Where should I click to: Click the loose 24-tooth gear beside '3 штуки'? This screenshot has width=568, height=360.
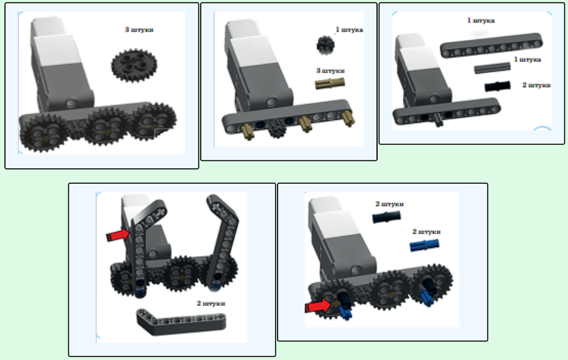(134, 66)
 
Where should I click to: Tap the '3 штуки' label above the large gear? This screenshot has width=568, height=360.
(139, 29)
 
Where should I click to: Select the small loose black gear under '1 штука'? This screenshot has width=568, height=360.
(325, 45)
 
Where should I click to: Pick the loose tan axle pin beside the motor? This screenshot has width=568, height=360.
(330, 84)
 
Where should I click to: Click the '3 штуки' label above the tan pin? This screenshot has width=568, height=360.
(330, 71)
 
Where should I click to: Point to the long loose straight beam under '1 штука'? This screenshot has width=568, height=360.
(492, 45)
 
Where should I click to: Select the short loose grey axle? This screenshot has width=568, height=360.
(492, 68)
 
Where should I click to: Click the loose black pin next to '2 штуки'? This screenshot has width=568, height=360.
(497, 86)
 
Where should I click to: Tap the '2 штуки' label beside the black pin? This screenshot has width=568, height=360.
(537, 85)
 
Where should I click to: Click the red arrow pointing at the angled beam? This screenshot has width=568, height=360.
(118, 235)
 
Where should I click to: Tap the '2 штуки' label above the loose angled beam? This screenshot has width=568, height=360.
(211, 303)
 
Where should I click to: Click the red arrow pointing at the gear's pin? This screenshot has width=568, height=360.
(318, 307)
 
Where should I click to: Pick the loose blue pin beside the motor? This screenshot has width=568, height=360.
(424, 246)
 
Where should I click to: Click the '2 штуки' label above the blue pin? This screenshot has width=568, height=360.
(426, 232)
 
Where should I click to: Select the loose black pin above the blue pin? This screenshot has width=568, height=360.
(386, 217)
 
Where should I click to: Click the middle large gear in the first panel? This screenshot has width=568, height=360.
(106, 126)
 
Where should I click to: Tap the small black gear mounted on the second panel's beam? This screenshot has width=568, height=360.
(278, 128)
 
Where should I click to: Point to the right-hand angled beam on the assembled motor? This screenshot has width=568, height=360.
(222, 239)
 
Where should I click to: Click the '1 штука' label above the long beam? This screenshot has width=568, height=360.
(481, 21)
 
